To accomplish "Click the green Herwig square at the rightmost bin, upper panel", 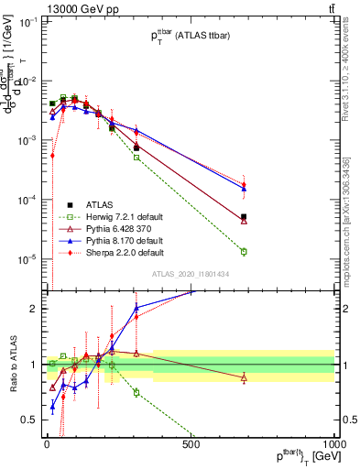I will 244,251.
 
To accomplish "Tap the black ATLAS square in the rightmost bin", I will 244,217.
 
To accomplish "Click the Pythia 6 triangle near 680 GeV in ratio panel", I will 244,377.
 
